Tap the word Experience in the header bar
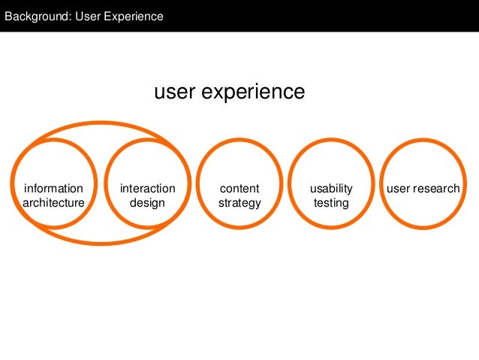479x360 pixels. [x=135, y=16]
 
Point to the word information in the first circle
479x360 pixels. [x=53, y=189]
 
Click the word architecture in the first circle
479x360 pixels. [x=53, y=203]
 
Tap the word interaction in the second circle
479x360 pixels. [x=147, y=189]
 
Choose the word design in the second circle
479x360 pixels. [x=147, y=203]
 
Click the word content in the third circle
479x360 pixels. [x=239, y=189]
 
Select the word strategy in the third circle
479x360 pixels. [x=239, y=203]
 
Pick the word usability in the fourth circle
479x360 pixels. [x=331, y=189]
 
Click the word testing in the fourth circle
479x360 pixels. [x=331, y=203]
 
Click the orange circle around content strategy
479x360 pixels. [x=239, y=141]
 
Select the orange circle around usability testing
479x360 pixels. [x=331, y=141]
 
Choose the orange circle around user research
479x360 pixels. [x=423, y=141]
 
